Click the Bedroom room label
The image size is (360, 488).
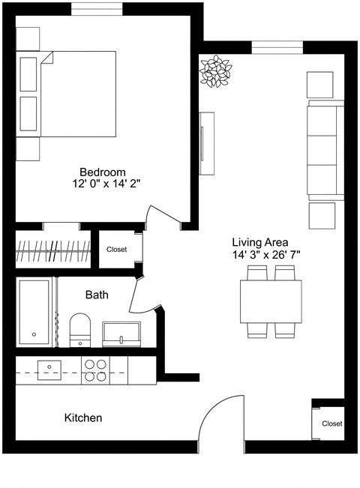pos(103,171)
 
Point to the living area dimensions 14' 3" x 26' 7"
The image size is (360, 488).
pos(265,255)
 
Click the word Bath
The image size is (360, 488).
pos(96,295)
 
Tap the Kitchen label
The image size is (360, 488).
pos(83,418)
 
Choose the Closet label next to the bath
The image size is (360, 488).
pos(116,250)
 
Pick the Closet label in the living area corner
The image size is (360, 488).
pos(331,424)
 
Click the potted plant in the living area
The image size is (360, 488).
pos(216,71)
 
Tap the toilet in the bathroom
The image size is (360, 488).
pos(79,330)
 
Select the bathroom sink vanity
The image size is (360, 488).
pos(121,333)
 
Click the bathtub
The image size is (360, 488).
pos(34,312)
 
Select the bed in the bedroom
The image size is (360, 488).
pos(77,94)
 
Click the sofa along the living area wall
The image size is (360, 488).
pos(323,150)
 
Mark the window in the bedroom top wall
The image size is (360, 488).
pos(98,9)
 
